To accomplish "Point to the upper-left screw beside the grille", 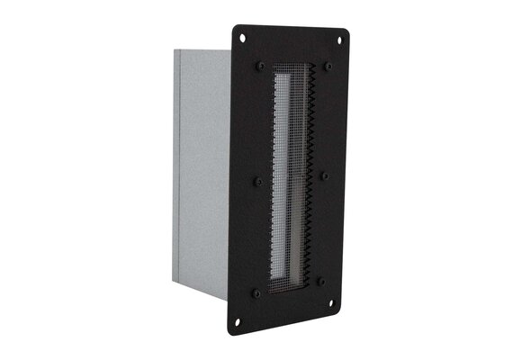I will tap(260, 67).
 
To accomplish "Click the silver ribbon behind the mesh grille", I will tap(286, 180).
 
